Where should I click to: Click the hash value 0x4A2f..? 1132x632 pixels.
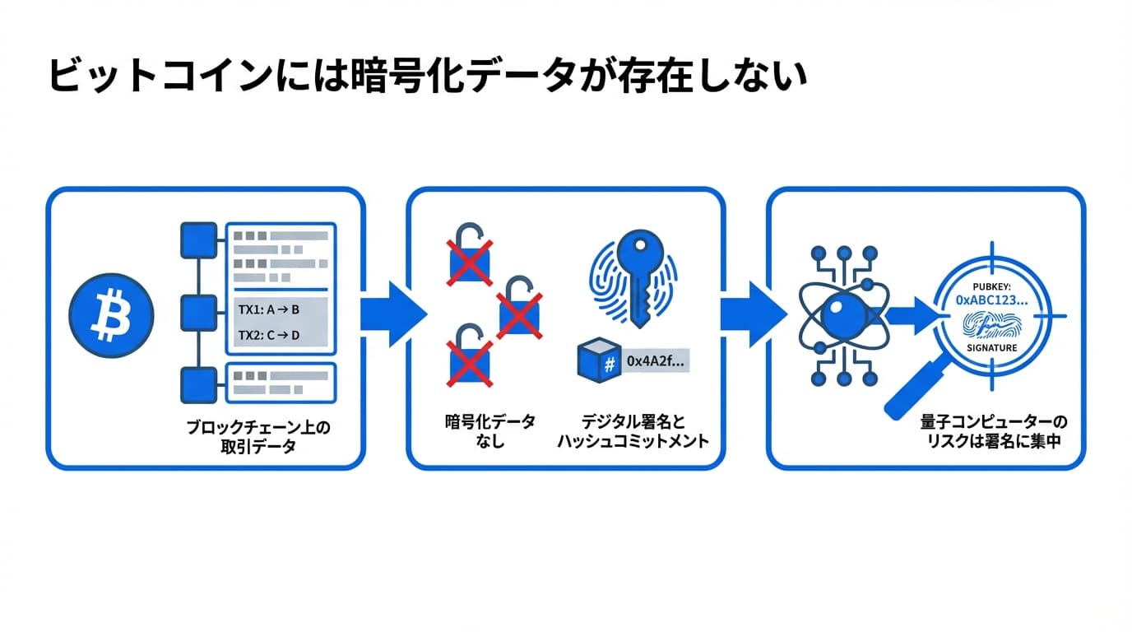pyautogui.click(x=655, y=360)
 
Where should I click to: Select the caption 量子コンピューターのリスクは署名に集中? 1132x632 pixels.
pyautogui.click(x=993, y=431)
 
